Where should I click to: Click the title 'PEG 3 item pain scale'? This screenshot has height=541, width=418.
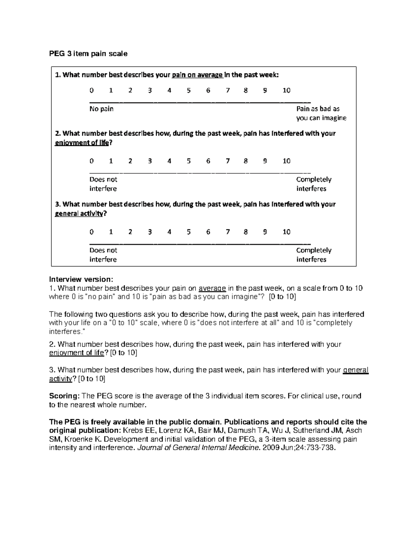[x=88, y=54]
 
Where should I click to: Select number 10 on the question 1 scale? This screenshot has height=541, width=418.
[x=286, y=91]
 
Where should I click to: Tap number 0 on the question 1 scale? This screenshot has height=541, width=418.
[x=92, y=91]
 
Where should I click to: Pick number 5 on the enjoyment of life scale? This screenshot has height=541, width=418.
[x=188, y=161]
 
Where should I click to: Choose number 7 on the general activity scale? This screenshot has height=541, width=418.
[x=227, y=232]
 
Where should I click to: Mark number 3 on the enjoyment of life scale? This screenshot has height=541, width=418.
[x=149, y=161]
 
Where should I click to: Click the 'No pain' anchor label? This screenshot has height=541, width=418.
[x=101, y=109]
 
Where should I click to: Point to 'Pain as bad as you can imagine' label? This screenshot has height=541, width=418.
[x=321, y=114]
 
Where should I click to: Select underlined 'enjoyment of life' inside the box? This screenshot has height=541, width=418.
[x=82, y=143]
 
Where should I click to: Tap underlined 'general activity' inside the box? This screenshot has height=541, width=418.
[x=79, y=214]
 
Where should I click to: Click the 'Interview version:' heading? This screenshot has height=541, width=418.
[x=81, y=279]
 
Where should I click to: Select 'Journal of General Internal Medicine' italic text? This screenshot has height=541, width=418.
[x=199, y=448]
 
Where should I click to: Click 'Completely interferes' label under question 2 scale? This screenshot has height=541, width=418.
[x=313, y=184]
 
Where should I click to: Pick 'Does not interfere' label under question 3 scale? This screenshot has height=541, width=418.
[x=103, y=255]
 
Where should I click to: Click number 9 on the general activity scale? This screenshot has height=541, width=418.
[x=265, y=232]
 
